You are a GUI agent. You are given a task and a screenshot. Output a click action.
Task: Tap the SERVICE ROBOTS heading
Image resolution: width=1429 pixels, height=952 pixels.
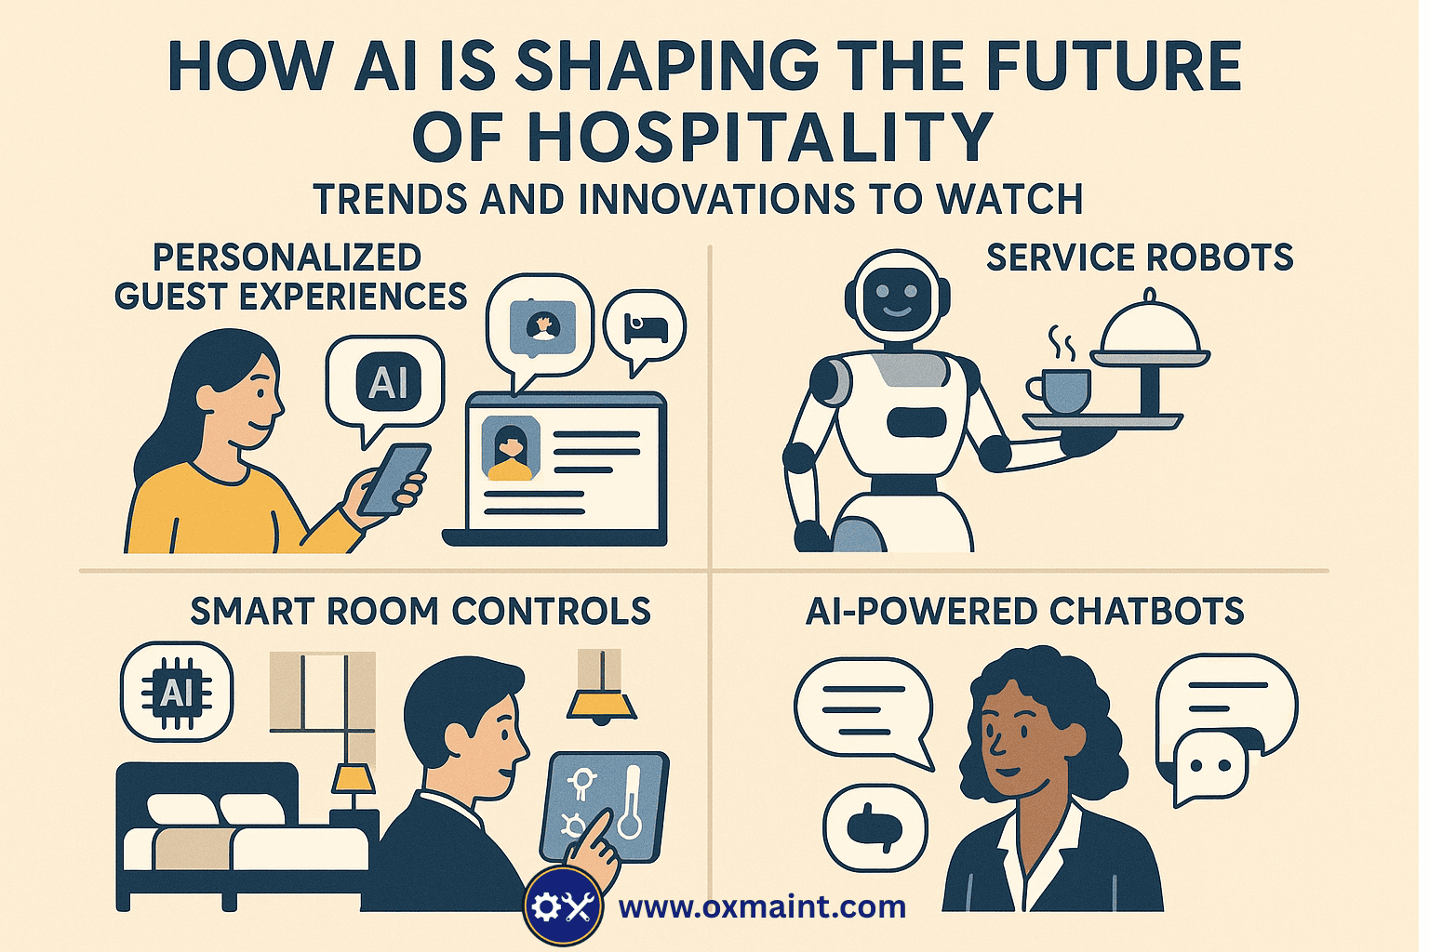click(1139, 258)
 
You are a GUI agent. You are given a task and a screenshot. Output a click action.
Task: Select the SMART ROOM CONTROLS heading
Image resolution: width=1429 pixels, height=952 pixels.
click(421, 611)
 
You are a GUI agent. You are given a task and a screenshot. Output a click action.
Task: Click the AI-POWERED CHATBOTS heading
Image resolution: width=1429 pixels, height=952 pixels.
click(1024, 611)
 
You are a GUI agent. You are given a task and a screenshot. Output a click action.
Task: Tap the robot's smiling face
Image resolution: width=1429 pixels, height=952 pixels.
click(896, 298)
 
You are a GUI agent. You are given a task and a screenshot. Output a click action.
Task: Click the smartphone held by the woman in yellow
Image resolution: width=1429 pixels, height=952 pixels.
click(393, 478)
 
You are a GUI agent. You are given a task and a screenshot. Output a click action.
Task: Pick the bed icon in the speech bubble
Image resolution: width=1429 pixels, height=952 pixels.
click(645, 327)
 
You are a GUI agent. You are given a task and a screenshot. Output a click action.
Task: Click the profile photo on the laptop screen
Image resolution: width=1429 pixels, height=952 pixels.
click(510, 449)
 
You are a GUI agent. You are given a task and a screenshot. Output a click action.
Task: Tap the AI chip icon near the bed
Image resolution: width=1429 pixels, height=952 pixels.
click(176, 693)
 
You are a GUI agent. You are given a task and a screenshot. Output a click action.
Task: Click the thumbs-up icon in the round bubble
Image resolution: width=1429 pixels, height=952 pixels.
click(875, 826)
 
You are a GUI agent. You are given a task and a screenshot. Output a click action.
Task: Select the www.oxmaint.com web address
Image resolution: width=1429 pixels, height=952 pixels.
click(762, 906)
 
